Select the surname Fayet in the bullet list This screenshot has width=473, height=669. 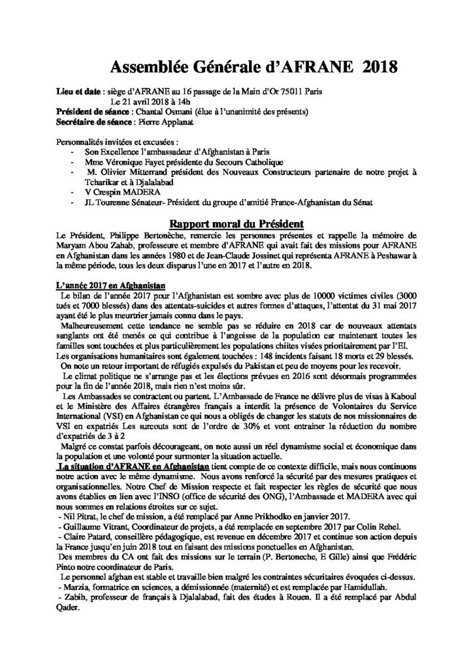pyautogui.click(x=172, y=161)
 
